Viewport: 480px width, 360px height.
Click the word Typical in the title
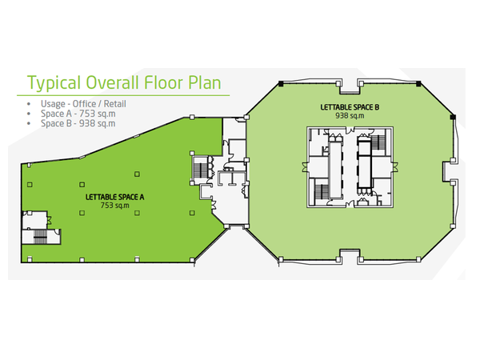pos(54,82)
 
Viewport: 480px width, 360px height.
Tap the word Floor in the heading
pos(164,82)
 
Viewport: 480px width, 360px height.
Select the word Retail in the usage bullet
pos(114,104)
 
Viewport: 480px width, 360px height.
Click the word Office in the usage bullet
pos(84,104)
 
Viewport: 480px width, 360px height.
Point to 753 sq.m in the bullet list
pos(98,114)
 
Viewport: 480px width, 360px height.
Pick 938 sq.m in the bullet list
pos(98,123)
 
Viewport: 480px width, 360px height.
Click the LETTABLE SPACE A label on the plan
pos(114,197)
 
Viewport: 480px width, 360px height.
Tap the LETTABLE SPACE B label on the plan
pos(350,107)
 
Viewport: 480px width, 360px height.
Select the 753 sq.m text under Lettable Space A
pos(114,206)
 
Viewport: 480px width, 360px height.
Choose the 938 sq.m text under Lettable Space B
pos(350,116)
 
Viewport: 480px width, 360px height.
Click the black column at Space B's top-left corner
pos(281,83)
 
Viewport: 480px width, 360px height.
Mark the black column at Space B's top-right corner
pos(418,83)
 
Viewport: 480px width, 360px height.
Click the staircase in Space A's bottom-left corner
pos(40,236)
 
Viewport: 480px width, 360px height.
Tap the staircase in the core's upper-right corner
pos(378,142)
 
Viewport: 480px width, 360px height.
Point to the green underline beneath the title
pos(123,95)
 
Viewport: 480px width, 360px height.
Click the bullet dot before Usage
pos(29,104)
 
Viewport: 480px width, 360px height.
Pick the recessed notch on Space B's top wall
pos(350,88)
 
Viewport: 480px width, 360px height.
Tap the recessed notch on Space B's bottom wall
pos(350,254)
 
